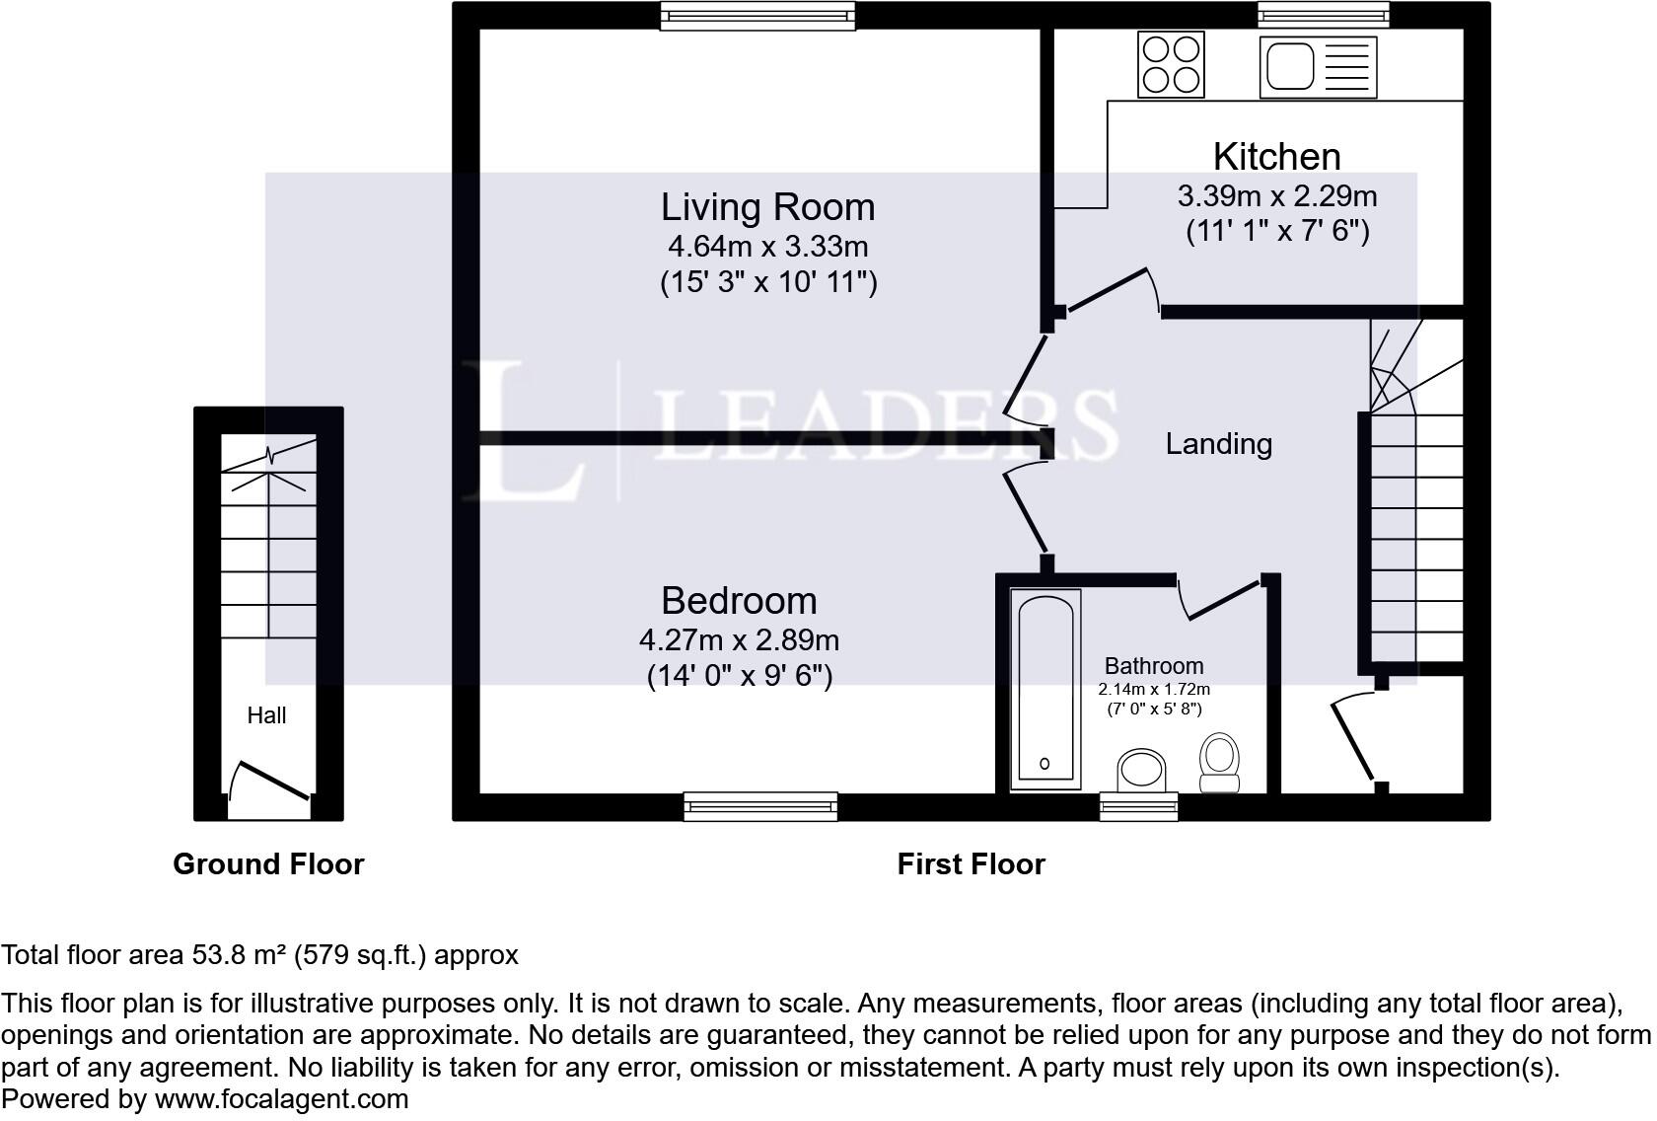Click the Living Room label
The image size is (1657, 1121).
click(x=767, y=207)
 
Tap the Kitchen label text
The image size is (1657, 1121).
click(x=1276, y=157)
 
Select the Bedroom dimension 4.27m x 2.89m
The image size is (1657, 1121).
click(x=739, y=640)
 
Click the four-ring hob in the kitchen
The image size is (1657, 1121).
click(x=1171, y=64)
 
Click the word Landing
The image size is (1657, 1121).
click(x=1218, y=444)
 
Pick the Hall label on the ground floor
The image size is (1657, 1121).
click(x=266, y=715)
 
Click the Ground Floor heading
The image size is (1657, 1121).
click(x=268, y=864)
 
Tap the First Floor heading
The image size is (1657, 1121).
click(x=971, y=864)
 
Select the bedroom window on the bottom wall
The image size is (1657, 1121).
click(x=760, y=807)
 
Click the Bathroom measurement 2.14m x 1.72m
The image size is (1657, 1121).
click(x=1154, y=690)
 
